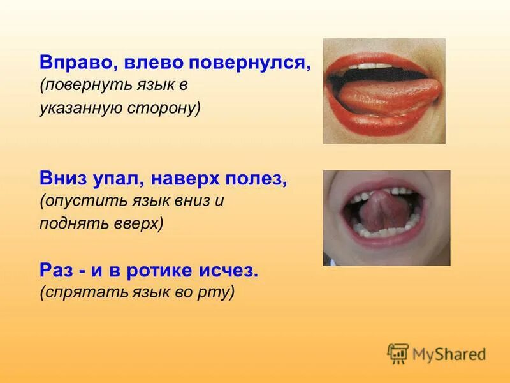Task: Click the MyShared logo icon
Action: click(x=398, y=354)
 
